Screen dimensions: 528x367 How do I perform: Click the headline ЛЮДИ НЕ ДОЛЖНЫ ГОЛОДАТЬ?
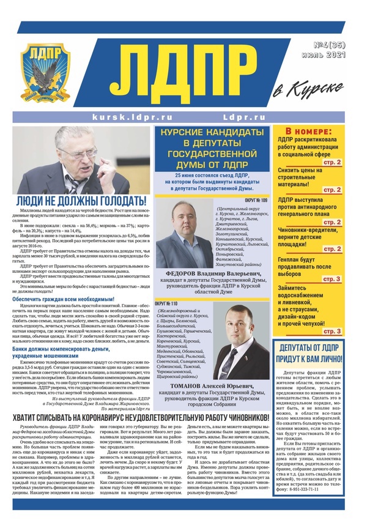[81, 200]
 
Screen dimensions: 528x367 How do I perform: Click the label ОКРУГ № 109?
[257, 200]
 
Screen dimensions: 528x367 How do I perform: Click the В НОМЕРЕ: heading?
[309, 132]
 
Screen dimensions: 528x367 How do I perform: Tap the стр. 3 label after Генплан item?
[331, 280]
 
